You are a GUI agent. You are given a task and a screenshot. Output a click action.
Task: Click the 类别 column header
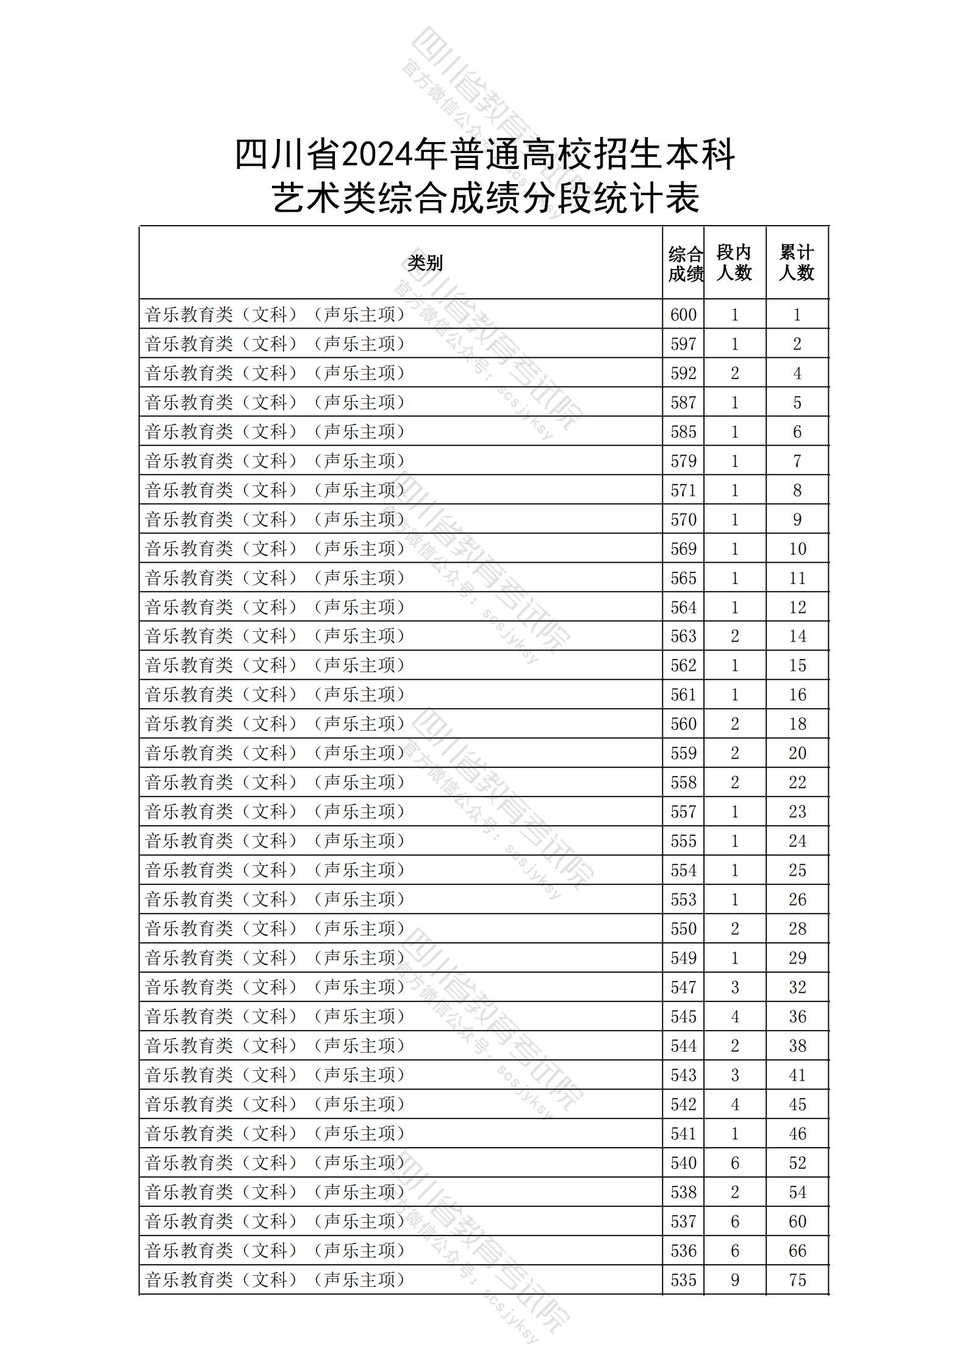(x=425, y=263)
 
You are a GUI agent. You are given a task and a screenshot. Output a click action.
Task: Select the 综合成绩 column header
(x=684, y=264)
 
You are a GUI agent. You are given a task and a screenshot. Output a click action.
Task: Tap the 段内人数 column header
(x=734, y=263)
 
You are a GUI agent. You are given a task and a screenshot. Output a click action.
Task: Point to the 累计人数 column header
(x=797, y=263)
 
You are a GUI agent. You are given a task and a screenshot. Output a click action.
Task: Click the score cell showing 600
(x=683, y=315)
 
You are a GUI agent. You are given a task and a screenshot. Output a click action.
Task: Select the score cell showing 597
(x=683, y=344)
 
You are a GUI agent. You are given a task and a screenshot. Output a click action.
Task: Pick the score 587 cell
(x=683, y=402)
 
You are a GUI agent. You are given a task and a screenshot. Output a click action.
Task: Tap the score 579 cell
(x=683, y=461)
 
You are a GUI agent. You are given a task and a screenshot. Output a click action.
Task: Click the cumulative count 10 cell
(x=797, y=549)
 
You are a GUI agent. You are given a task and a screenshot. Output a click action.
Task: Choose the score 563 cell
(x=683, y=636)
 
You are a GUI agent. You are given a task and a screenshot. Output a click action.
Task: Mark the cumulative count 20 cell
(x=797, y=753)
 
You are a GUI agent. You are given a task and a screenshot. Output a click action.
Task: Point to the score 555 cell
(x=683, y=841)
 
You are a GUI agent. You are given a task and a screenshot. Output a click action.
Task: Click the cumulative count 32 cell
(x=797, y=987)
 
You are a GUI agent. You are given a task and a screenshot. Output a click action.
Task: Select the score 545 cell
(x=683, y=1017)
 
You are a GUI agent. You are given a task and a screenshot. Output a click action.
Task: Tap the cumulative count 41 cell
(x=797, y=1075)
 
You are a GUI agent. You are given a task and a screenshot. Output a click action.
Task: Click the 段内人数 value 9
(x=734, y=1280)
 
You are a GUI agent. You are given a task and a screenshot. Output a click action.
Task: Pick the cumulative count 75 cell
(x=797, y=1280)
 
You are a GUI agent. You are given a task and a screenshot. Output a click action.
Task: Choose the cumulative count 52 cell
(x=797, y=1163)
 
